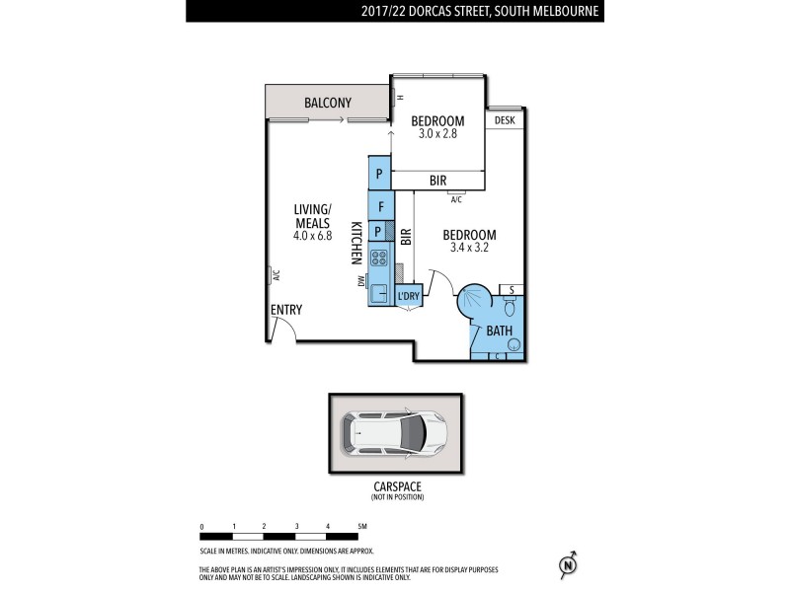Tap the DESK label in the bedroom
[x=505, y=120]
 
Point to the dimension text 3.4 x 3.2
[x=468, y=249]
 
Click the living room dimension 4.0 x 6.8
[x=312, y=237]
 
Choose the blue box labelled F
[x=380, y=208]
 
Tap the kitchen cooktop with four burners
[x=379, y=259]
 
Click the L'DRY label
[x=408, y=297]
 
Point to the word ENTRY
[x=285, y=310]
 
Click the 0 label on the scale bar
[x=201, y=527]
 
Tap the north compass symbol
[x=567, y=564]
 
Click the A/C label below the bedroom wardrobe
[x=455, y=200]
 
